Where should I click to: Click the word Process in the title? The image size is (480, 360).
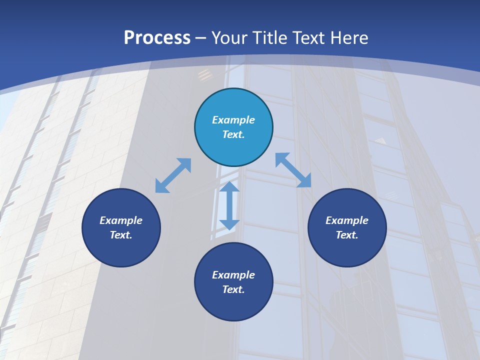pos(157,38)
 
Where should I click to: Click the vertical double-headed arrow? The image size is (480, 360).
pos(229,205)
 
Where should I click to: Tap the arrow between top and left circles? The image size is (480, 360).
pos(173,175)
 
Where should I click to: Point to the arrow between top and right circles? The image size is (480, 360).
pos(293,170)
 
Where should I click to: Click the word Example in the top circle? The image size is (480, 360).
pos(233,120)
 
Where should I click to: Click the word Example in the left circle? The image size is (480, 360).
pos(121,220)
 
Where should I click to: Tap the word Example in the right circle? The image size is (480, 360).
pos(347,220)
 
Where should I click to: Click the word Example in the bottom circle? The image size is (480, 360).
pos(233,275)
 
